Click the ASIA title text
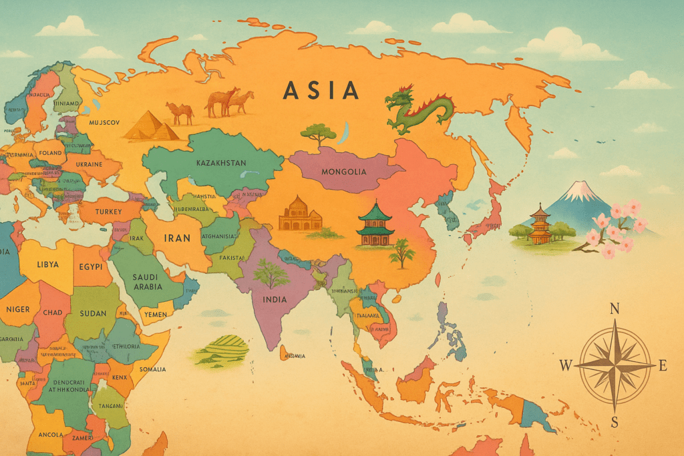point(321,90)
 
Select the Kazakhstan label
point(221,163)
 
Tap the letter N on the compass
point(615,308)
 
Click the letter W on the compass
point(565,365)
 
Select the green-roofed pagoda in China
point(375,223)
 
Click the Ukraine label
point(88,164)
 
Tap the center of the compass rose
point(615,365)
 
